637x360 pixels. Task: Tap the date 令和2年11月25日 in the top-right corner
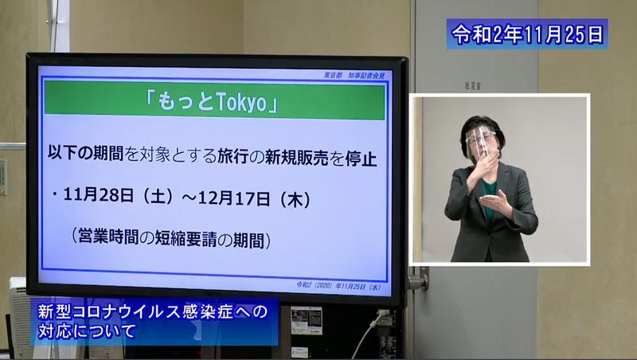pos(528,33)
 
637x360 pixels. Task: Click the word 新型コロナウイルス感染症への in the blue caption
pos(154,311)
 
